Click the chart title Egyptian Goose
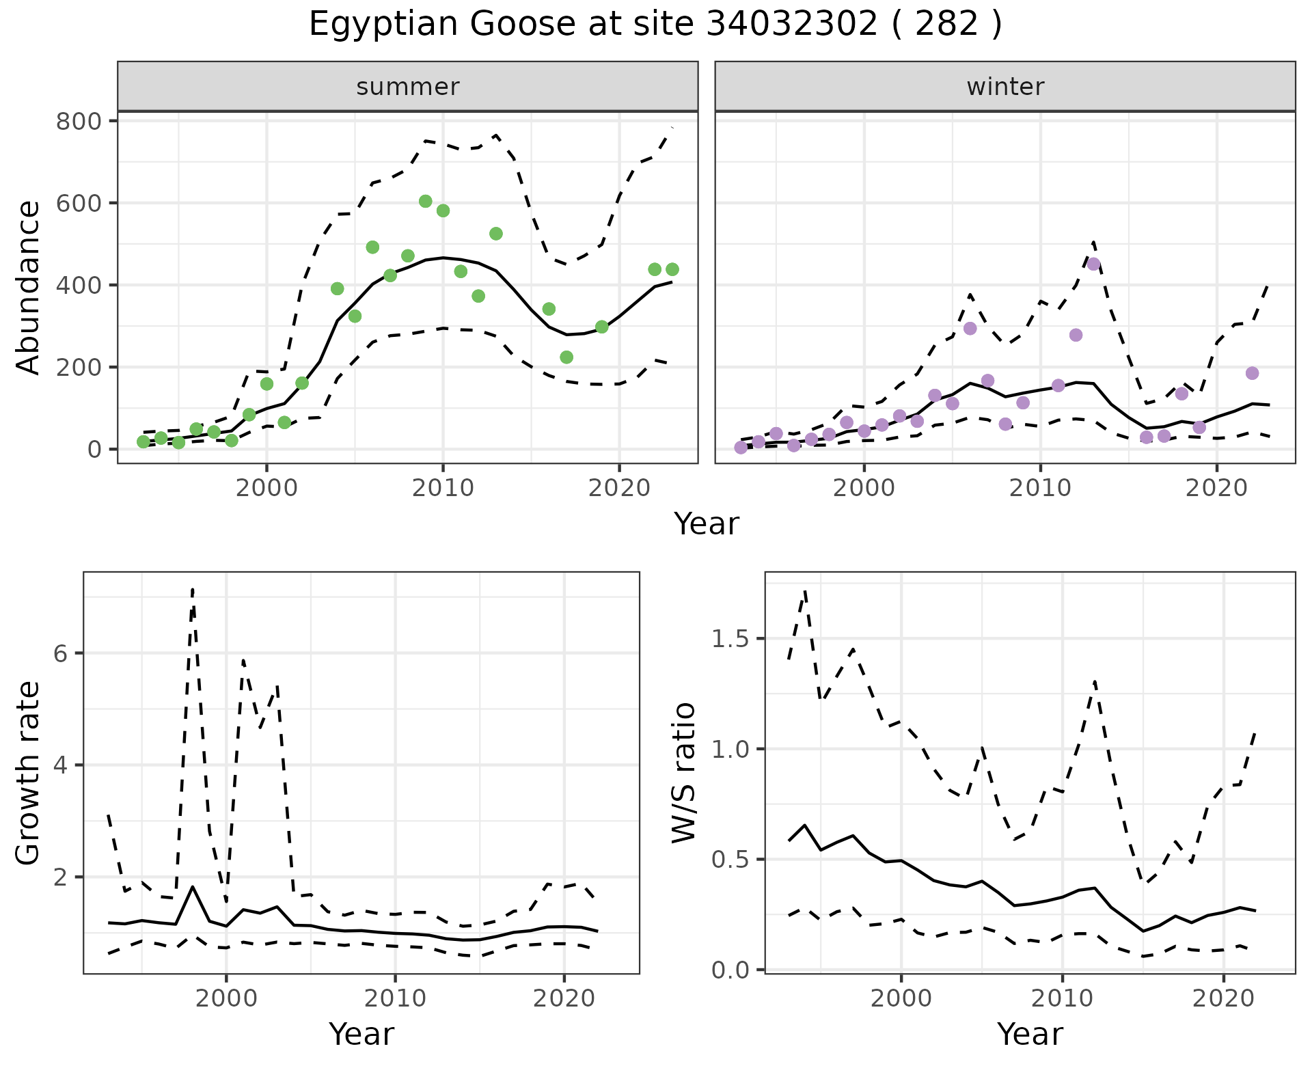coord(655,25)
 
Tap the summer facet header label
coord(407,87)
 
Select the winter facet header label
coord(1004,87)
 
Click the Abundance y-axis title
coord(28,287)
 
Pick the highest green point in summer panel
coord(425,201)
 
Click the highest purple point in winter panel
coord(1093,264)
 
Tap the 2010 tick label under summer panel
coord(443,488)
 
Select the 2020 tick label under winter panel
coord(1216,488)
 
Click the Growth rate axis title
coord(28,774)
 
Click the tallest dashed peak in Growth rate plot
coord(193,589)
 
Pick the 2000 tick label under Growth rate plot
coord(226,998)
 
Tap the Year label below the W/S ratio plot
coord(1030,1034)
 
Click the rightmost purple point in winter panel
coord(1252,373)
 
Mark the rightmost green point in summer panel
coord(672,269)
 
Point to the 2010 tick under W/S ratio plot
coord(1062,998)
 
